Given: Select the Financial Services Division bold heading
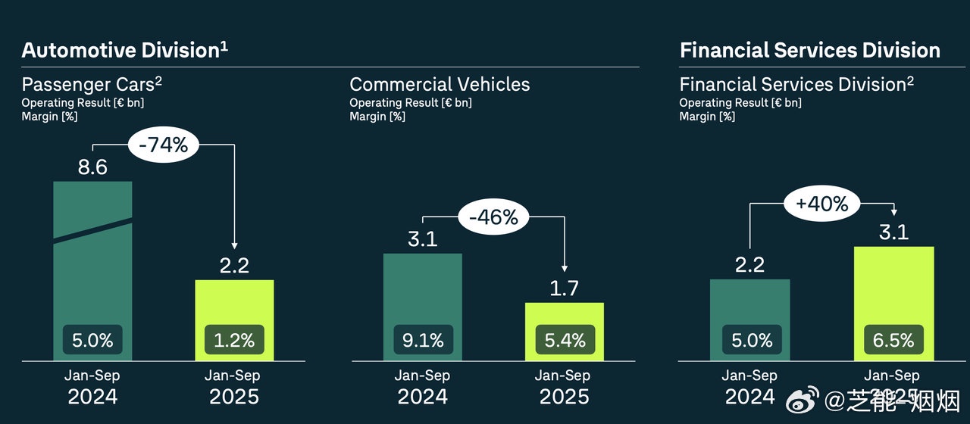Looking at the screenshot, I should tap(809, 51).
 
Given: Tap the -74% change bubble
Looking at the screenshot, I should tap(163, 145).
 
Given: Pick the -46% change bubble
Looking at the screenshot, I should tap(493, 217).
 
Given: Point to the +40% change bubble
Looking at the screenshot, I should tap(822, 204).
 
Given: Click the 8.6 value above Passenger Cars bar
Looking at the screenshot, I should tap(92, 167).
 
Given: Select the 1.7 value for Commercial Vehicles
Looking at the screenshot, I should tap(565, 288).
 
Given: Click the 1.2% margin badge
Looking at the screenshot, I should tap(234, 341).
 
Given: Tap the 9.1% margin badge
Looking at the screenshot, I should tap(423, 341).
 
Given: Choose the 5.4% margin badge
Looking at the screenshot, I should tap(565, 341).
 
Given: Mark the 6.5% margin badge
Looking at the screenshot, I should tap(893, 341).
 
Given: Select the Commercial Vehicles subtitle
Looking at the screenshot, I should tap(440, 84).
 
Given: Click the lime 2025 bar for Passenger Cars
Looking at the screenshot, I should tap(234, 303).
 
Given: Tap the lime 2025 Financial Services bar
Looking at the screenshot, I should tap(893, 288).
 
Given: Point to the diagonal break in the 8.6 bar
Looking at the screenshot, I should tap(92, 230).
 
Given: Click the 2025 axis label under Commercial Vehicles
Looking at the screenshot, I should tap(565, 396).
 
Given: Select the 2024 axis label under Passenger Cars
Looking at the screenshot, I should tap(92, 396).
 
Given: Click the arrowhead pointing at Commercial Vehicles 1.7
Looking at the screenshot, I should tap(563, 268).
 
